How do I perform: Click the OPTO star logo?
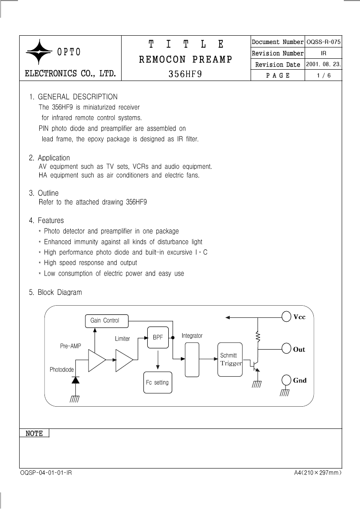click(x=39, y=52)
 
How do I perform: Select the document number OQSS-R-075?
click(x=324, y=42)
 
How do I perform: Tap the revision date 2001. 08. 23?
click(x=324, y=64)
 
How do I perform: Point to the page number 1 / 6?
click(x=324, y=75)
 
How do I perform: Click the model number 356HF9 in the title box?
click(x=185, y=74)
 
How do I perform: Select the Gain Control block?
click(x=107, y=321)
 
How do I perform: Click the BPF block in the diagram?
click(x=158, y=337)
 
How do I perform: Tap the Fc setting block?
click(x=158, y=382)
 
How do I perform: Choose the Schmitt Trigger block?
click(x=230, y=359)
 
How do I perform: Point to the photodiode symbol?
click(x=75, y=380)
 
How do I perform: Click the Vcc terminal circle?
click(x=286, y=317)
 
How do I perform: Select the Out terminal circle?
click(x=286, y=349)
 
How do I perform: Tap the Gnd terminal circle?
click(x=286, y=380)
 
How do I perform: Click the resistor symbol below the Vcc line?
click(x=258, y=337)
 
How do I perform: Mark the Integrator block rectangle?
click(x=192, y=360)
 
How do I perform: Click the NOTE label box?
click(x=34, y=433)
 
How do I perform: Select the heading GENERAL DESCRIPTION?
click(x=78, y=97)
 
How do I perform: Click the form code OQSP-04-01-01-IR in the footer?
click(x=46, y=473)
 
